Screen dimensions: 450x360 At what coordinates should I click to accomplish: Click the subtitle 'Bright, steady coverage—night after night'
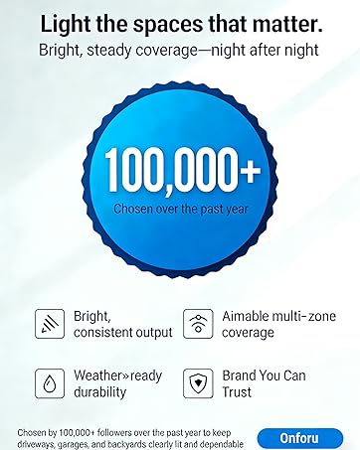pyautogui.click(x=180, y=48)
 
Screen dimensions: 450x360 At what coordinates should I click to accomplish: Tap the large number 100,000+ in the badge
pyautogui.click(x=179, y=172)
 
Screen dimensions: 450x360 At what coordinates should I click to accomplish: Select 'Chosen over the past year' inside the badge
pyautogui.click(x=179, y=210)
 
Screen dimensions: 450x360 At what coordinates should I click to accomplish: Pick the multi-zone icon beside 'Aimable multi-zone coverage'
pyautogui.click(x=198, y=324)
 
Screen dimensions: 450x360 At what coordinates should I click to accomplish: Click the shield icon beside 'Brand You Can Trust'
pyautogui.click(x=198, y=383)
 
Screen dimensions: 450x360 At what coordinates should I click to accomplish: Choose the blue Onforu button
pyautogui.click(x=299, y=437)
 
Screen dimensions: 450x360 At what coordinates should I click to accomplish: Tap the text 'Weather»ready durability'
pyautogui.click(x=116, y=383)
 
